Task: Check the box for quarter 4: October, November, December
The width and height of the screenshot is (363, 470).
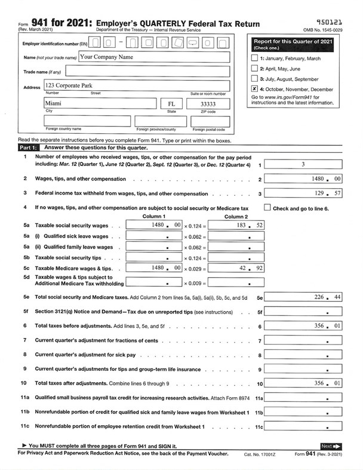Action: coord(255,88)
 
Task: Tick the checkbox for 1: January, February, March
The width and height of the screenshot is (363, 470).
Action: coord(255,59)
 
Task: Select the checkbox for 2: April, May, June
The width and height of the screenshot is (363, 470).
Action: coord(255,69)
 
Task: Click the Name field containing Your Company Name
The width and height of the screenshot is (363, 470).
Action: coord(153,57)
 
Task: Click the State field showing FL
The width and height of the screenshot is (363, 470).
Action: coord(171,103)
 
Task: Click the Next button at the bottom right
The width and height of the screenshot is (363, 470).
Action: coord(330,446)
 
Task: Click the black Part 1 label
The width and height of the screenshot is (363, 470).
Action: coord(28,147)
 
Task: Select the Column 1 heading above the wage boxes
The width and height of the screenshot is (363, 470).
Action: coord(154,216)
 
